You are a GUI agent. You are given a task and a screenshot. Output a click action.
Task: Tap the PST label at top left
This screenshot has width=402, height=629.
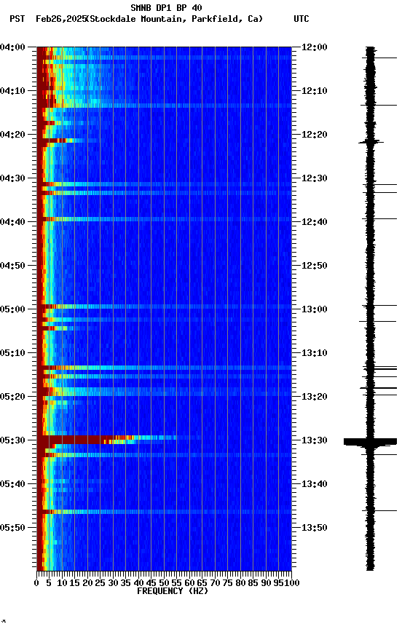[x=17, y=19]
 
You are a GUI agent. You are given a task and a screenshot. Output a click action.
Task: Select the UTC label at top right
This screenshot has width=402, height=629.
[x=301, y=19]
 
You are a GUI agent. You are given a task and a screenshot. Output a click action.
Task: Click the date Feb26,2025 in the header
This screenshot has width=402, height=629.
[x=60, y=19]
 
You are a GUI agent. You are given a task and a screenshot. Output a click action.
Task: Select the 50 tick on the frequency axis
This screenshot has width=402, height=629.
[x=164, y=582]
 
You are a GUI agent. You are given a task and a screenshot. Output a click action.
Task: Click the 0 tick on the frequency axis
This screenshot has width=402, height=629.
[x=37, y=582]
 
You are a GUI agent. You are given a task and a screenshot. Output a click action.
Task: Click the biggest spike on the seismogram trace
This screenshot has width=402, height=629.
[x=370, y=441]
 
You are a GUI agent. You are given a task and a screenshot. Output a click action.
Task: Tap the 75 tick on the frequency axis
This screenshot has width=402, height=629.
[x=227, y=582]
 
